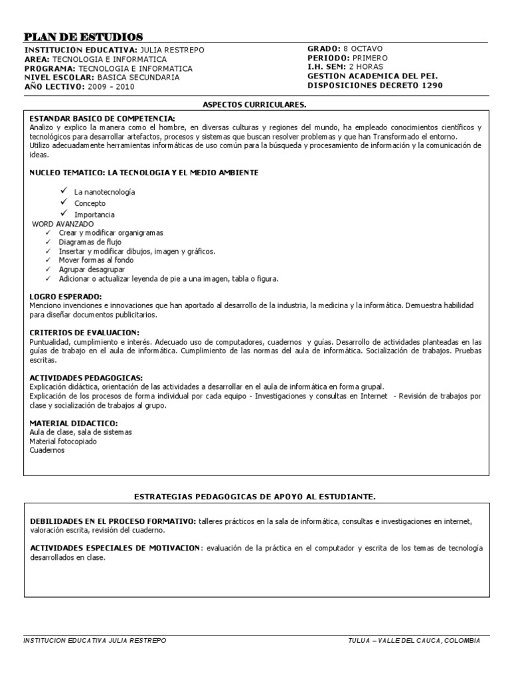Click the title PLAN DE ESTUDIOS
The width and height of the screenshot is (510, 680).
tap(83, 37)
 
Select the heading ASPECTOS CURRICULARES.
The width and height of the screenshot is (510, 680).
tap(254, 105)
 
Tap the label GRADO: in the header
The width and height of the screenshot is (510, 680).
tap(323, 49)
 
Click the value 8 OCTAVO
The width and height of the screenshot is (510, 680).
tap(363, 49)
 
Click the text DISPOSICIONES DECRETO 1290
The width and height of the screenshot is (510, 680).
tap(375, 85)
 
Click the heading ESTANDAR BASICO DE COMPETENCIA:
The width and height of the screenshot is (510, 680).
tap(102, 118)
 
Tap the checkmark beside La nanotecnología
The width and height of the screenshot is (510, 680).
tap(64, 191)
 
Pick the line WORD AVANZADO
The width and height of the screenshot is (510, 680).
tap(63, 224)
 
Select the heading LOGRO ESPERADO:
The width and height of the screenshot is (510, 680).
tap(66, 296)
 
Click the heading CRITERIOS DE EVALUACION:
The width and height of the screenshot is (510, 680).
tap(84, 332)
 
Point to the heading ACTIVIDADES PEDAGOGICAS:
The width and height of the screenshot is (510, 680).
tap(86, 378)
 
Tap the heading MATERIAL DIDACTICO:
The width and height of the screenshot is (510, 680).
tap(74, 423)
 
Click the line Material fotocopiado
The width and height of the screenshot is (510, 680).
tap(63, 441)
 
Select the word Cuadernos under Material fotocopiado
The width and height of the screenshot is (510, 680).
tap(47, 450)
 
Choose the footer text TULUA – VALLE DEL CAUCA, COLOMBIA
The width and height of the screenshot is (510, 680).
tap(414, 640)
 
